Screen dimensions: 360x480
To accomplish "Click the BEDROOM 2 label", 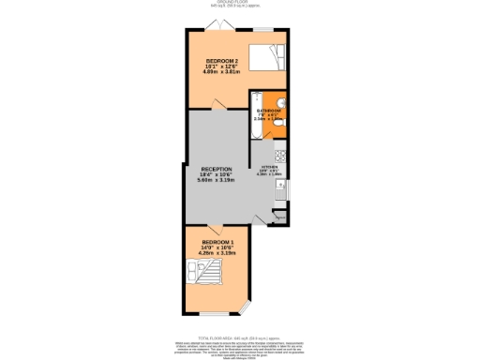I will pos(221,62).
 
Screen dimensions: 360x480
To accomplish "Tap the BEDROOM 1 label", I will pos(217,242).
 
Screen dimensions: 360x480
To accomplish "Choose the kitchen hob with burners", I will pos(280,155).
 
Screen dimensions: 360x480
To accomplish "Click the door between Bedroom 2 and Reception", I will pos(218,111).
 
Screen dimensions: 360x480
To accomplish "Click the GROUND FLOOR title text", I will pos(240,4).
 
